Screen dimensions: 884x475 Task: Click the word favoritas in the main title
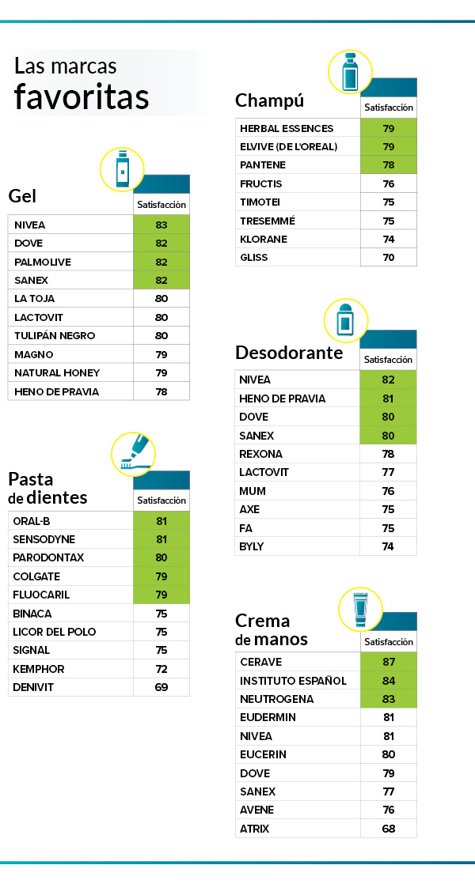pyautogui.click(x=82, y=96)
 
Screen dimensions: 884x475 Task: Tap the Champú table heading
pyautogui.click(x=269, y=100)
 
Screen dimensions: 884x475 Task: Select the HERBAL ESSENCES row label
pyautogui.click(x=287, y=128)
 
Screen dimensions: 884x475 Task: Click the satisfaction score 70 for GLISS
pyautogui.click(x=388, y=257)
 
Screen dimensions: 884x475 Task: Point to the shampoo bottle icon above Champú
pyautogui.click(x=350, y=73)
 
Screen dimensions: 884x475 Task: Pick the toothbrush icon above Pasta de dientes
pyautogui.click(x=133, y=454)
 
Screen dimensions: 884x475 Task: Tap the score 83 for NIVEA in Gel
pyautogui.click(x=161, y=225)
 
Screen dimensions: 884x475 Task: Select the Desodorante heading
pyautogui.click(x=289, y=352)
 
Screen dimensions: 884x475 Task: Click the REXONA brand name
pyautogui.click(x=260, y=454)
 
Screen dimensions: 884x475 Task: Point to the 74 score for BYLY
pyautogui.click(x=388, y=546)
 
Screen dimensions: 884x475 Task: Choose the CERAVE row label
pyautogui.click(x=260, y=662)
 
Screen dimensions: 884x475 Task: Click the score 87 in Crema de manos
pyautogui.click(x=388, y=662)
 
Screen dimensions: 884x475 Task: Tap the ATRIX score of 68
pyautogui.click(x=388, y=829)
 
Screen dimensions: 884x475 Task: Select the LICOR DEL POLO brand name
pyautogui.click(x=50, y=632)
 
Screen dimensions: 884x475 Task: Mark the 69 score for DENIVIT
pyautogui.click(x=161, y=687)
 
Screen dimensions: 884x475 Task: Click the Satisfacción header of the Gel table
pyautogui.click(x=161, y=204)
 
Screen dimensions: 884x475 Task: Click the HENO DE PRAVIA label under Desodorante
pyautogui.click(x=282, y=399)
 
